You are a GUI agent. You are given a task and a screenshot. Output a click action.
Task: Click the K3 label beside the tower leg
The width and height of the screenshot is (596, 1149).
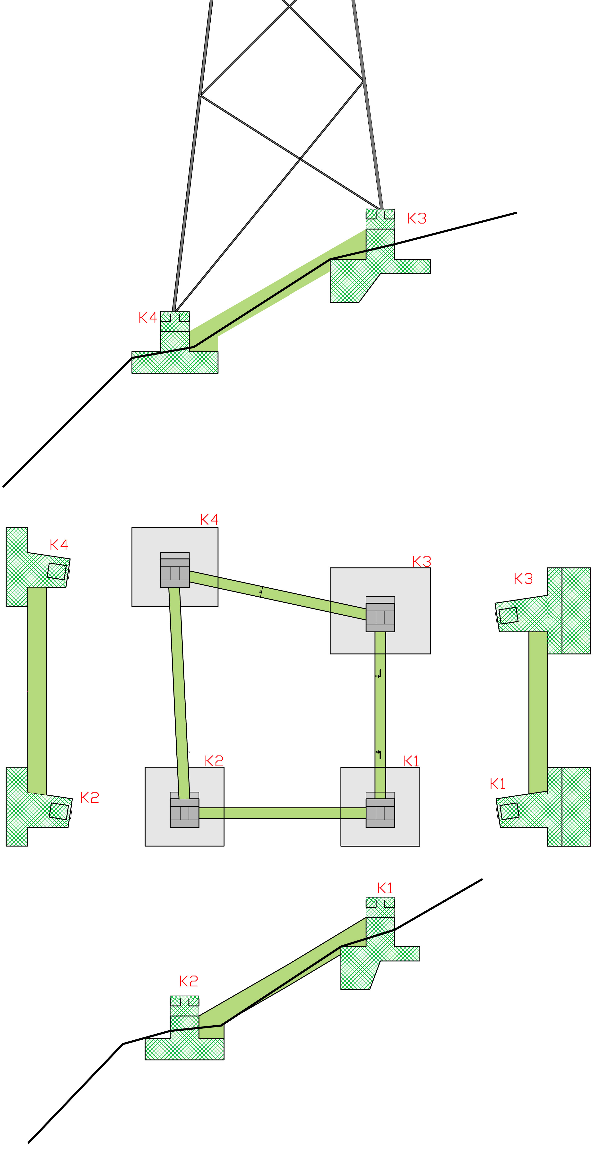[x=417, y=218]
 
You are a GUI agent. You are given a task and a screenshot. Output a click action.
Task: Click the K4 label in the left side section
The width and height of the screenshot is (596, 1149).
[x=59, y=545]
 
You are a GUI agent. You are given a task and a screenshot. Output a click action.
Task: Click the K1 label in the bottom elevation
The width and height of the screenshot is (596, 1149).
[x=385, y=888]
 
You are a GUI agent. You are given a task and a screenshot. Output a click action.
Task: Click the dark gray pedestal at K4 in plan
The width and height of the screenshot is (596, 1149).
[x=175, y=573]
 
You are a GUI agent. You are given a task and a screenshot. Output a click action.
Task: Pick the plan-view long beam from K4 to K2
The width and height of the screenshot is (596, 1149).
[x=179, y=691]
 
